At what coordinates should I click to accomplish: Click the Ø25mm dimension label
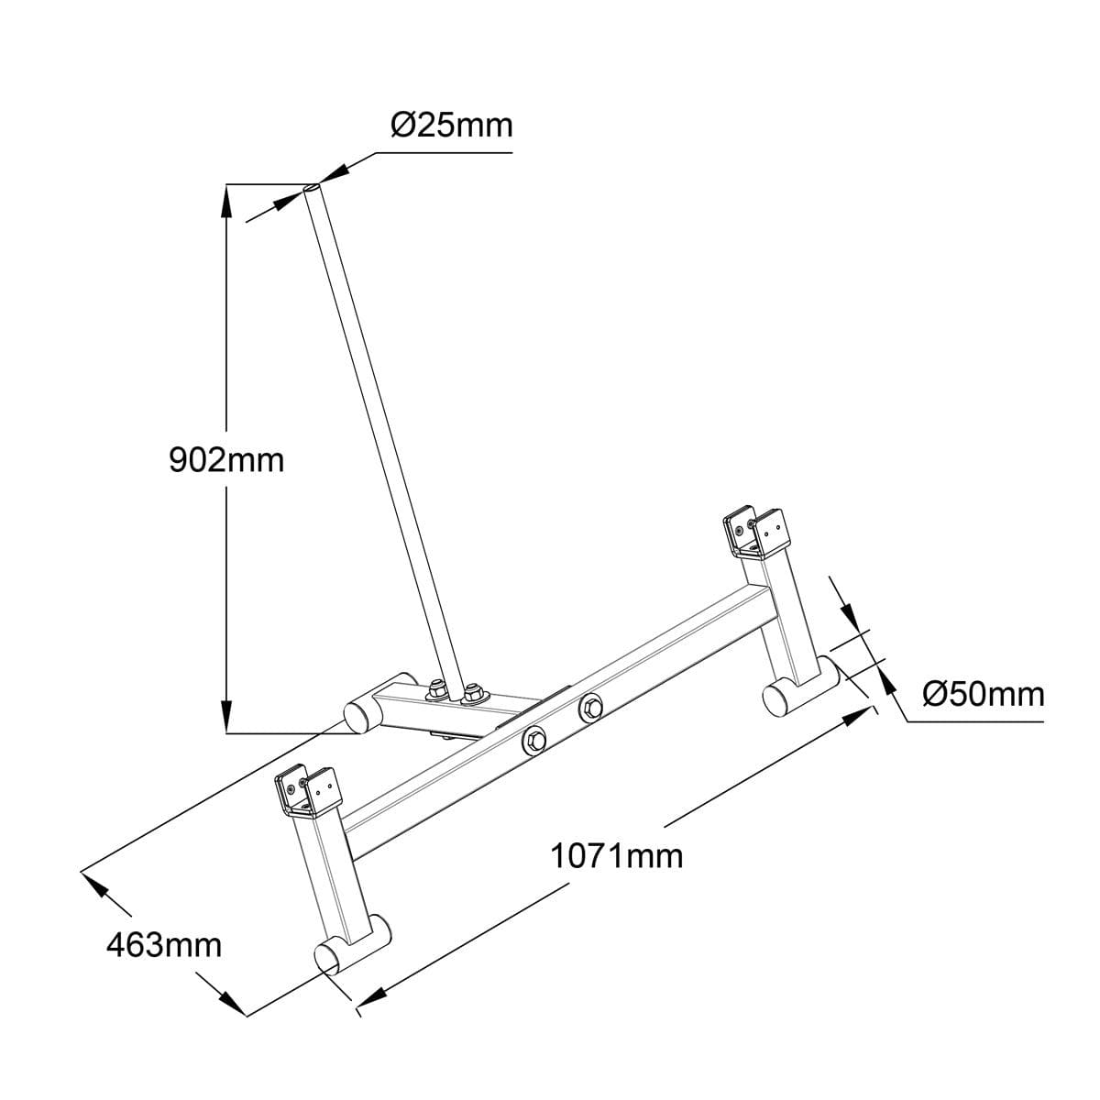[x=452, y=125]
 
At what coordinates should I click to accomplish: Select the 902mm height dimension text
[x=226, y=459]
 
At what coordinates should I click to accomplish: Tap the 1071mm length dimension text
[x=616, y=856]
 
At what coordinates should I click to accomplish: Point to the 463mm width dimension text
[x=164, y=944]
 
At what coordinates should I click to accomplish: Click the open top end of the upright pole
[x=312, y=188]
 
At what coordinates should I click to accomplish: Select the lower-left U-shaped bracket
[x=308, y=791]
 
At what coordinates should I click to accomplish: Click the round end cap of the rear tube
[x=356, y=716]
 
